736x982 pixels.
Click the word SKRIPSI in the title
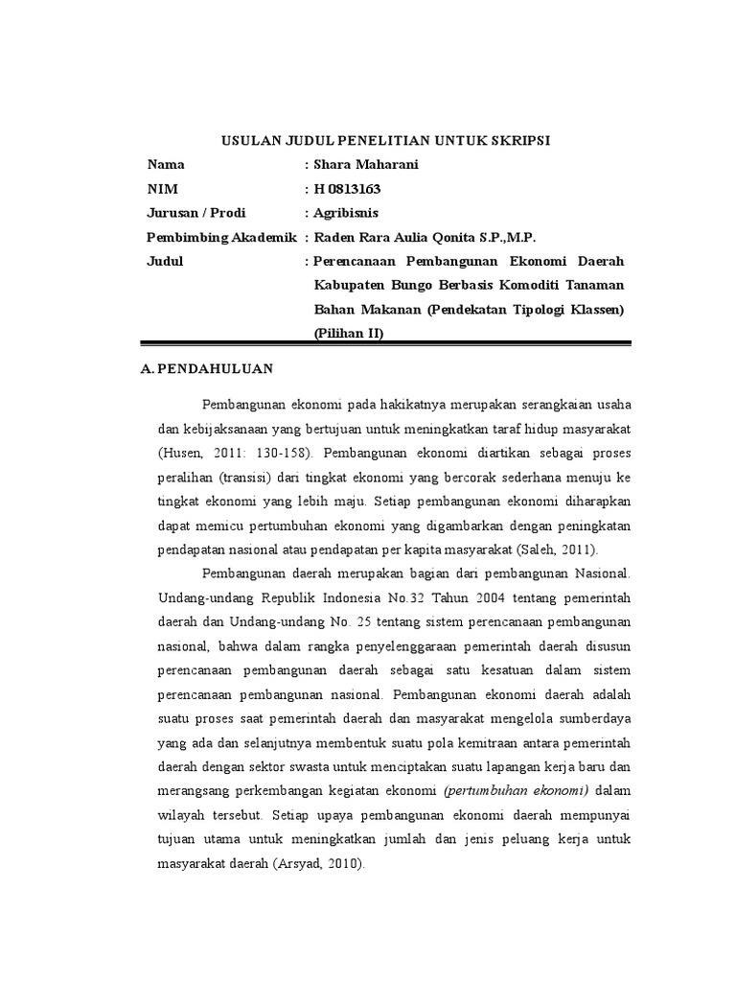click(518, 140)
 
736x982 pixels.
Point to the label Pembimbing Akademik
click(221, 237)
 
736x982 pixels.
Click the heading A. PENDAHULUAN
click(207, 368)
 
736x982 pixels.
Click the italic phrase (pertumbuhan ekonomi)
click(517, 788)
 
